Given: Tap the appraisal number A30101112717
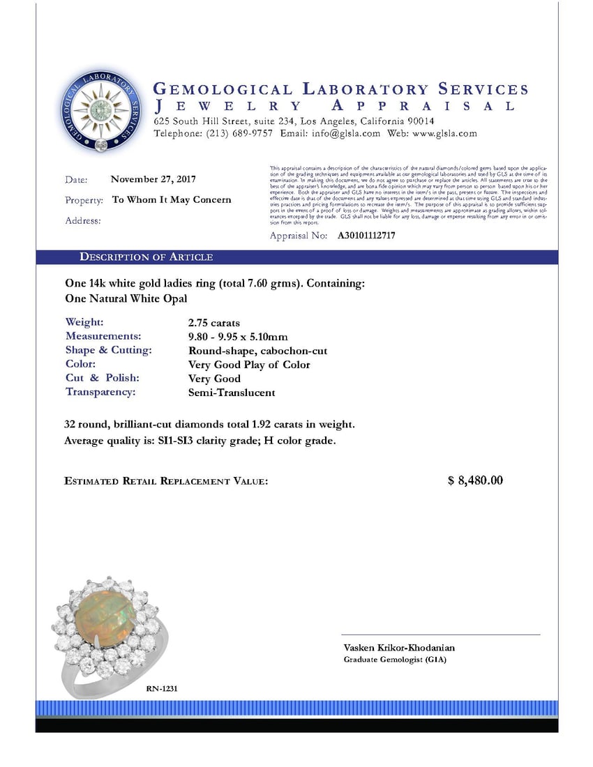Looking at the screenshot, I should point(366,236).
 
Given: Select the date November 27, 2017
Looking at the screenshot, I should point(153,179).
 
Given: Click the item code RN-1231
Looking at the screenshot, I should point(162,688).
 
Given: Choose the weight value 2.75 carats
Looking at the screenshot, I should point(214,323).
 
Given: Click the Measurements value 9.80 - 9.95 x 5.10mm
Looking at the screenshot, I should point(238,337).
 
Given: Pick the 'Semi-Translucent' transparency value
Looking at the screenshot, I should point(232,393).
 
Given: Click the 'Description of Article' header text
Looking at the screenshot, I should point(147,257).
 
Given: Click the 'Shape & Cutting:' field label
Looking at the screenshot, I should point(108,350).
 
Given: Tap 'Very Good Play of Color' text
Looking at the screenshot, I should point(249,365).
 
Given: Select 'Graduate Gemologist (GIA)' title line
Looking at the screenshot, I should point(395,660).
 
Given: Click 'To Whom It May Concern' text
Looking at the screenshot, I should point(172,199).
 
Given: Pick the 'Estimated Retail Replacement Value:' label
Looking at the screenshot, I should point(166,481).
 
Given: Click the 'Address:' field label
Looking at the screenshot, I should point(83,221).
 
